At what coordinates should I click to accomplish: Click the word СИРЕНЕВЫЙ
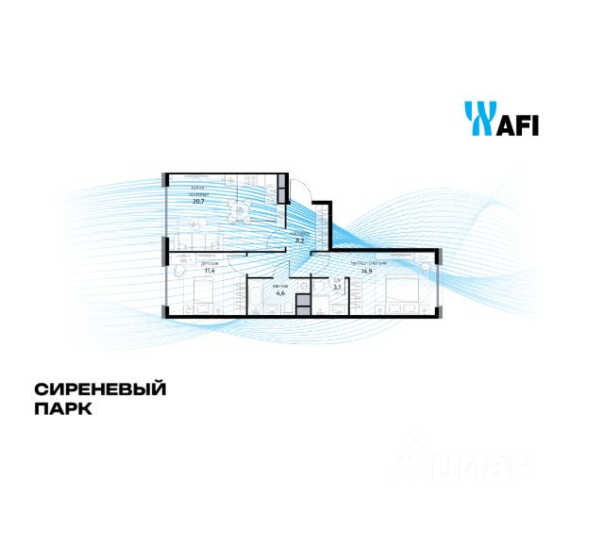click(100, 389)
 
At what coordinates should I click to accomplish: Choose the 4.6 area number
click(279, 292)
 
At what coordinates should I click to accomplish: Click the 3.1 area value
click(337, 288)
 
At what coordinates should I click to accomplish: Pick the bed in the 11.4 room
click(204, 301)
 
